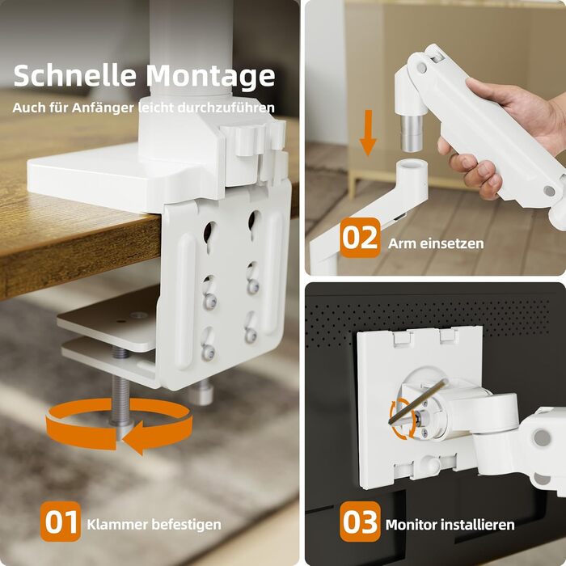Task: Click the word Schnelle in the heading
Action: pyautogui.click(x=74, y=75)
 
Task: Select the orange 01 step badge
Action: pyautogui.click(x=61, y=522)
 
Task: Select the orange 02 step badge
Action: pyautogui.click(x=361, y=238)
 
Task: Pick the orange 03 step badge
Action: pyautogui.click(x=361, y=522)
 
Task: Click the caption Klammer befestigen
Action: pyautogui.click(x=154, y=525)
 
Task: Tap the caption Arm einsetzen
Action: pyautogui.click(x=436, y=243)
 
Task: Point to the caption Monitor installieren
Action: pyautogui.click(x=450, y=525)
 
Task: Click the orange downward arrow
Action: pyautogui.click(x=368, y=133)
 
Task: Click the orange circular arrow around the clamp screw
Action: pyautogui.click(x=119, y=424)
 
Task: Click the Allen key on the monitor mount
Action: pyautogui.click(x=417, y=401)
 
